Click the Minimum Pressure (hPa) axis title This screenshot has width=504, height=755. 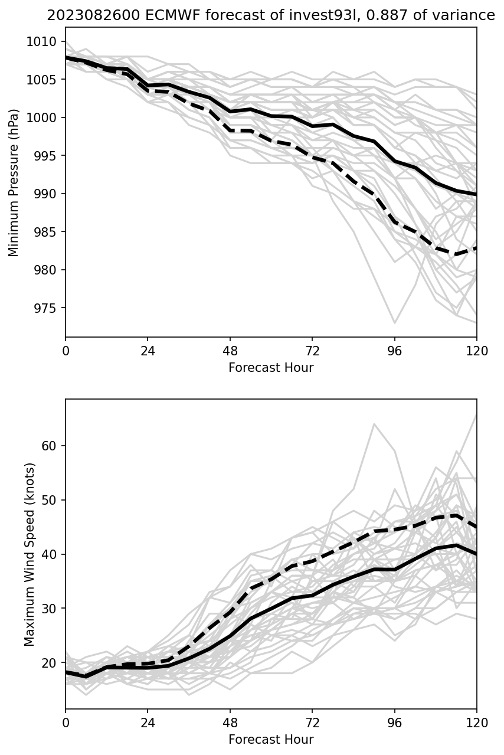click(14, 182)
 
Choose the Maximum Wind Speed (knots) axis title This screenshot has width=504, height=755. click(30, 554)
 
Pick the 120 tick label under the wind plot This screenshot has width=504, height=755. click(476, 722)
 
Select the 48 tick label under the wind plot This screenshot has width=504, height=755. click(230, 722)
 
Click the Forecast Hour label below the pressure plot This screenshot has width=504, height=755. click(271, 368)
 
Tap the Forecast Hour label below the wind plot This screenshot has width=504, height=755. click(271, 739)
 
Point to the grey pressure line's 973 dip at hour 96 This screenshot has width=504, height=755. click(394, 323)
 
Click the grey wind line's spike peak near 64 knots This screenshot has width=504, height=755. click(374, 424)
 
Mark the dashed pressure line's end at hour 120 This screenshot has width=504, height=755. click(476, 247)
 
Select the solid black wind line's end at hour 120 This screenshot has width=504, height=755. click(476, 554)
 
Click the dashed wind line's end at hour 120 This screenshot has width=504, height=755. click(476, 527)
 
